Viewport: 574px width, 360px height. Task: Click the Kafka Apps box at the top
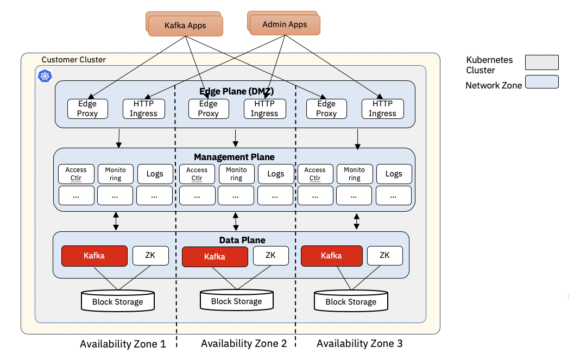[185, 26]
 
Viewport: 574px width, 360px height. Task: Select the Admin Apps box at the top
[285, 24]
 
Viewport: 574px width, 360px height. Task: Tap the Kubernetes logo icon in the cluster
[44, 75]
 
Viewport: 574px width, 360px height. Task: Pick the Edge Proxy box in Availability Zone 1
[87, 109]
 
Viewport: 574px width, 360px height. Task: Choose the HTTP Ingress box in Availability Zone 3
[382, 109]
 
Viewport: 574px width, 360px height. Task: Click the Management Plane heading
[235, 157]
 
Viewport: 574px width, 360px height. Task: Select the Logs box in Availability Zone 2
[275, 174]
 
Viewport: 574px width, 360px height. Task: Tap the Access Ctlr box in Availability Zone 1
[76, 174]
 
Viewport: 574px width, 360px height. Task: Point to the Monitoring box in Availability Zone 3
[355, 174]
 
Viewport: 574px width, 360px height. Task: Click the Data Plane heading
[242, 239]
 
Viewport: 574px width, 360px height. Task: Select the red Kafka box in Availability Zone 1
[94, 255]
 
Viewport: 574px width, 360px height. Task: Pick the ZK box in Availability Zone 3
[384, 255]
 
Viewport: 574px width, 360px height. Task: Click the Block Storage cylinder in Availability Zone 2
[236, 300]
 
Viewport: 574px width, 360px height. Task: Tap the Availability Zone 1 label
[122, 344]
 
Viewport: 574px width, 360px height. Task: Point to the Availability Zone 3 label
[359, 344]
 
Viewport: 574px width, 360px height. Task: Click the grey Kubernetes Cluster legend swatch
[541, 62]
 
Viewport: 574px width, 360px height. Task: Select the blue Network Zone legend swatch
[541, 82]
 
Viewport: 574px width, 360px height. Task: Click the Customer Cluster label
[74, 60]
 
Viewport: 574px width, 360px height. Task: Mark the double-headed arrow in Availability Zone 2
[236, 221]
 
